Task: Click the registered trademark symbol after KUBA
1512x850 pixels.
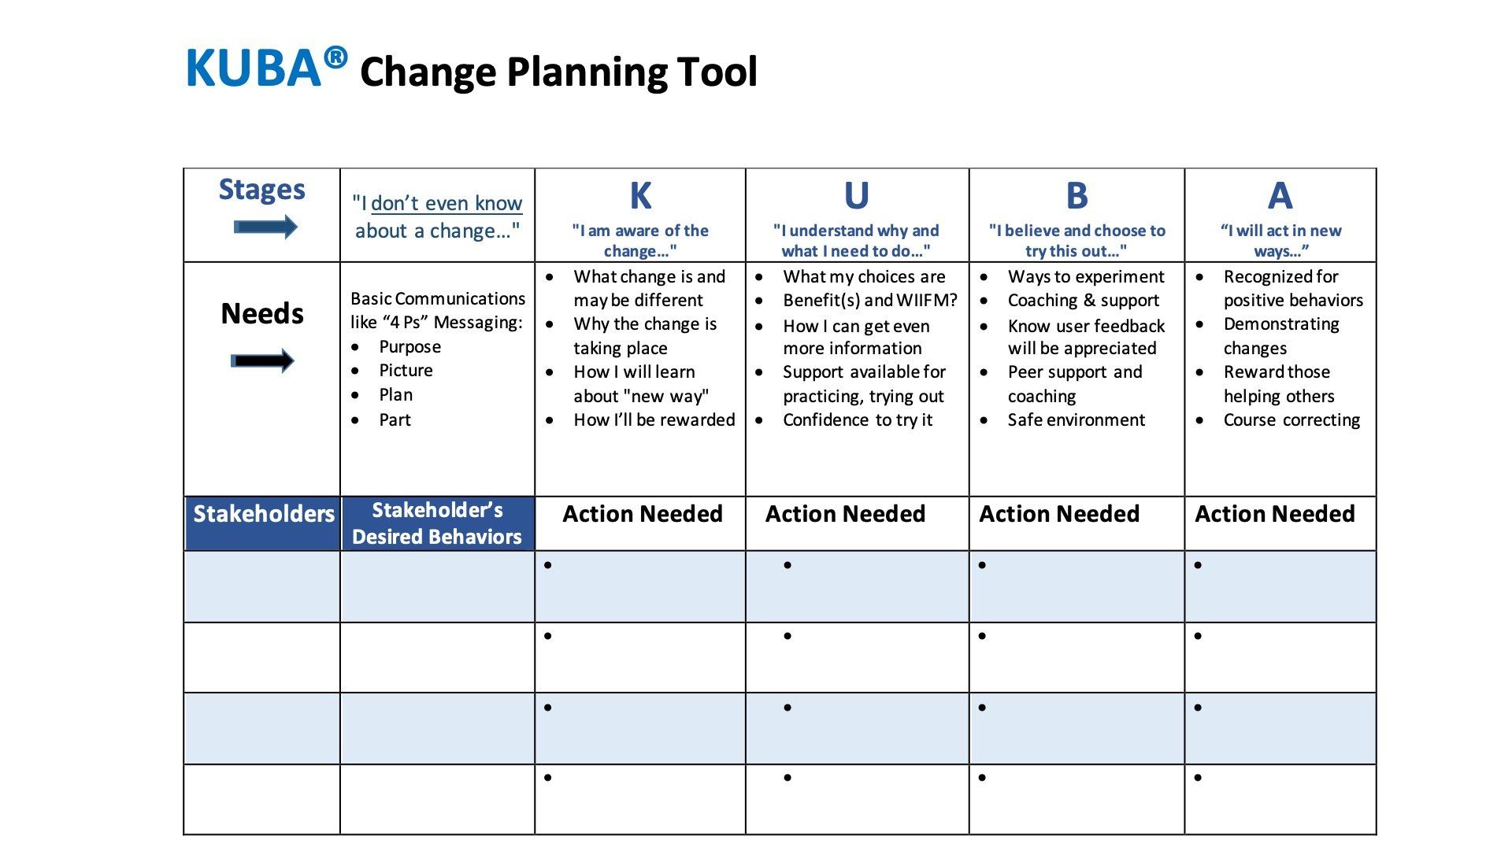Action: [335, 57]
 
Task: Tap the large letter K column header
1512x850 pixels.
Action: [640, 195]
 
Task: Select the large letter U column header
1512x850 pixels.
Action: [856, 195]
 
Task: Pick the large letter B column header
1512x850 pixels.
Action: [1077, 195]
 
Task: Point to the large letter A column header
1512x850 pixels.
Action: [1280, 195]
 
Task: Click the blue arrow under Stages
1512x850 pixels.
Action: [265, 227]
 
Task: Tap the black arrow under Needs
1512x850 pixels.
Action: [262, 361]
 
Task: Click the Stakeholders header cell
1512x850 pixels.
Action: [263, 523]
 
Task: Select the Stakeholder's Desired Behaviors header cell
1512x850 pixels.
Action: [438, 523]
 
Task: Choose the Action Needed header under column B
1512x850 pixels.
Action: [1059, 514]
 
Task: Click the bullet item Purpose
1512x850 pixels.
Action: [409, 347]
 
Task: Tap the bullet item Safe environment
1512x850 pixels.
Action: [1076, 419]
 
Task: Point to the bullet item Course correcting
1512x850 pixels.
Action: [1291, 420]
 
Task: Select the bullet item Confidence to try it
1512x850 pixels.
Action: [858, 420]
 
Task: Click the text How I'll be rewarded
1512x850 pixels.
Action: [654, 419]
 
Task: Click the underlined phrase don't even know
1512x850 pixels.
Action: [447, 203]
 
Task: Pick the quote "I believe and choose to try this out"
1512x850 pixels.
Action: [1077, 241]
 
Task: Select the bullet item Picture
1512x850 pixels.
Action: [406, 371]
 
